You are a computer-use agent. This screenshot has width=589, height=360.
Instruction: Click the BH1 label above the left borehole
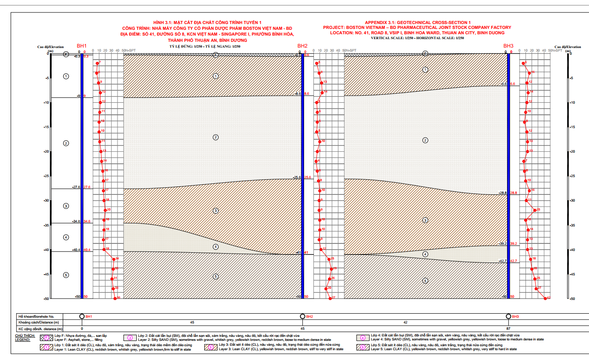[81, 46]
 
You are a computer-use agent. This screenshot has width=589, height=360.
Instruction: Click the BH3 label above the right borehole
[508, 46]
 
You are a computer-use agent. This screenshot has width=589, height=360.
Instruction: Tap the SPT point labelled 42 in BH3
[545, 298]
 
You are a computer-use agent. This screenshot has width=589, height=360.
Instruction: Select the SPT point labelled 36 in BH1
[115, 298]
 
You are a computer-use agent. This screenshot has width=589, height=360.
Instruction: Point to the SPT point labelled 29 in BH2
[331, 269]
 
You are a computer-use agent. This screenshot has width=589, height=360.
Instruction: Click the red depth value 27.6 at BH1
[87, 187]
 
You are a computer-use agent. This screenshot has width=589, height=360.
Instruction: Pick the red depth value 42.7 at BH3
[513, 261]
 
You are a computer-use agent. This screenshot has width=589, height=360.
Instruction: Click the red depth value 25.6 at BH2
[308, 178]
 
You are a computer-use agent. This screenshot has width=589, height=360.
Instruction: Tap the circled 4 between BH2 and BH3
[425, 254]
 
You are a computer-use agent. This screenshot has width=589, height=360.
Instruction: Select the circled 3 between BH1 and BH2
[216, 210]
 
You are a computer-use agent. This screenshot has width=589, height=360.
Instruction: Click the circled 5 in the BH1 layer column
[66, 275]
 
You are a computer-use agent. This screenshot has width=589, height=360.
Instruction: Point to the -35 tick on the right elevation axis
[569, 225]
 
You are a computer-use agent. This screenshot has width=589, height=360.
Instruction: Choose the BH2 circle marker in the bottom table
[303, 316]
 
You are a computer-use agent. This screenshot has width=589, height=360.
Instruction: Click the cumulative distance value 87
[508, 328]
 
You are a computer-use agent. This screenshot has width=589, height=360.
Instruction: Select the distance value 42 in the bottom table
[405, 322]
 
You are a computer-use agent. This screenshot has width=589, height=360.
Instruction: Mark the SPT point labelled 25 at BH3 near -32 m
[535, 210]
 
